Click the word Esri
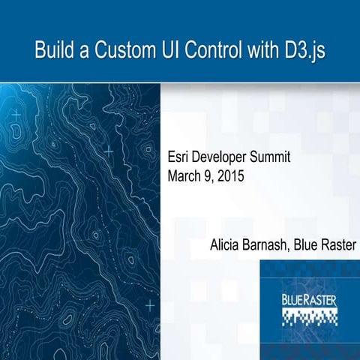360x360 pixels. click(178, 158)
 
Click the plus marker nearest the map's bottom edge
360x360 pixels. click(149, 305)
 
